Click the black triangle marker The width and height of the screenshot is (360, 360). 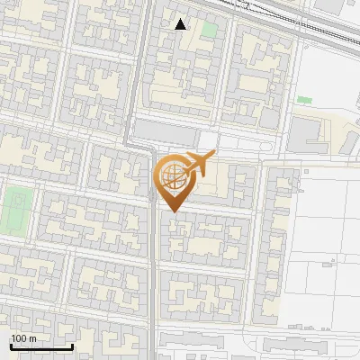click(x=181, y=24)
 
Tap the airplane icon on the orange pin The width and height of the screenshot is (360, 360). click(x=195, y=165)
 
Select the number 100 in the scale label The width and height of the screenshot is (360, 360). click(x=20, y=338)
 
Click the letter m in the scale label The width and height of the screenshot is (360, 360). click(x=34, y=338)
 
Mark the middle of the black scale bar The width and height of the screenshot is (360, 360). click(x=41, y=346)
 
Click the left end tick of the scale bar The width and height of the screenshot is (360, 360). click(x=11, y=345)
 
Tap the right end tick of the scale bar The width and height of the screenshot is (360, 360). click(x=72, y=345)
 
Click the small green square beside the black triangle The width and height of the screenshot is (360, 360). click(x=209, y=30)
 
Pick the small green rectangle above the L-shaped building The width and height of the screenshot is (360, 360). click(x=304, y=99)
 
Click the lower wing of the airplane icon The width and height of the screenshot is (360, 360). click(x=193, y=172)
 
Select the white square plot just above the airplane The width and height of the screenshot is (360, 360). click(x=208, y=140)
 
